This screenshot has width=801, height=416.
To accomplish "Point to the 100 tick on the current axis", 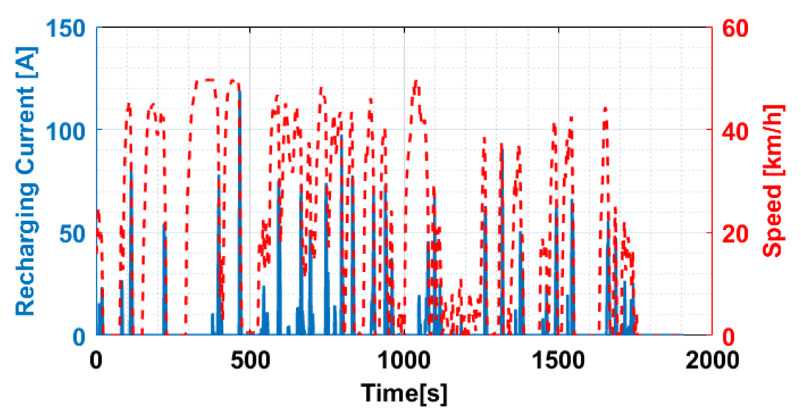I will [65, 131].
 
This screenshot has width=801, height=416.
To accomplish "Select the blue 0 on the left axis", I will [79, 337].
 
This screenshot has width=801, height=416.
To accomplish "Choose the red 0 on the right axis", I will [728, 337].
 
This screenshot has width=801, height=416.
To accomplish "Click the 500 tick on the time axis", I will [250, 361].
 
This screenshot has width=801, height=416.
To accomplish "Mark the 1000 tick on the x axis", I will [404, 361].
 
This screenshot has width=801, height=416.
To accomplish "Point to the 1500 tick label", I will [558, 361].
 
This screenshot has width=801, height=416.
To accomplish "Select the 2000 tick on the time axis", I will [712, 361].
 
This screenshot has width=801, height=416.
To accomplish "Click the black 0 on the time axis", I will [96, 361].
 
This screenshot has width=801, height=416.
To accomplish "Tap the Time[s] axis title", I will [404, 393].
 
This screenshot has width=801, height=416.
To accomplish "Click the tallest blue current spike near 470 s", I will [240, 93].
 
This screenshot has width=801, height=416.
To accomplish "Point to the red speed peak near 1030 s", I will [416, 82].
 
